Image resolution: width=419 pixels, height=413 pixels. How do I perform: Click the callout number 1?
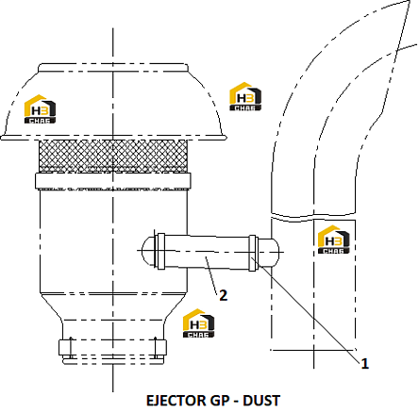tap(364, 364)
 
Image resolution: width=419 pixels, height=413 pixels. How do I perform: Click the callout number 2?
tap(223, 295)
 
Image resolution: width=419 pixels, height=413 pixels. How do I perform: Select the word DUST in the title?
tap(261, 401)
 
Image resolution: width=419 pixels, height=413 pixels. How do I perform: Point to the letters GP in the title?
tap(217, 401)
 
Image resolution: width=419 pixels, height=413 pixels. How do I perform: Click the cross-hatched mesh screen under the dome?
tap(113, 156)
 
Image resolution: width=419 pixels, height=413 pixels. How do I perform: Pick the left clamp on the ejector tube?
tap(160, 252)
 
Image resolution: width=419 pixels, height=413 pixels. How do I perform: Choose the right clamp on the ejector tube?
tap(254, 253)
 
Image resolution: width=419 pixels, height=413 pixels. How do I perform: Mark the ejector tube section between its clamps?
tap(207, 252)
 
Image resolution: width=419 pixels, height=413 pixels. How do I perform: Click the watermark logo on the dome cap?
tap(40, 108)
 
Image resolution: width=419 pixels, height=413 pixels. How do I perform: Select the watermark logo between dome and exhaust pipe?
tap(245, 96)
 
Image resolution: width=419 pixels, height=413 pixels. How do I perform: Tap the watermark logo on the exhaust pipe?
tap(334, 240)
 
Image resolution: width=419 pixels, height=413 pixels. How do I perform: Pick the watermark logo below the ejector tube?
tap(198, 323)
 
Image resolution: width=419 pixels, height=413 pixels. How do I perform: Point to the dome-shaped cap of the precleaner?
tap(113, 101)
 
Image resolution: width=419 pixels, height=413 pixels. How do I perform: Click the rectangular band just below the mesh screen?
tap(113, 181)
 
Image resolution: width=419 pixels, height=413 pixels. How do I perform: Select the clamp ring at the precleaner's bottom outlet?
tap(112, 347)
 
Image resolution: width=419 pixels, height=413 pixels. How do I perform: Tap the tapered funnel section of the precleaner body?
tap(113, 307)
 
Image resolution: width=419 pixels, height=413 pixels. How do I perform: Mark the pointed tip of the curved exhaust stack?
tap(410, 1)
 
